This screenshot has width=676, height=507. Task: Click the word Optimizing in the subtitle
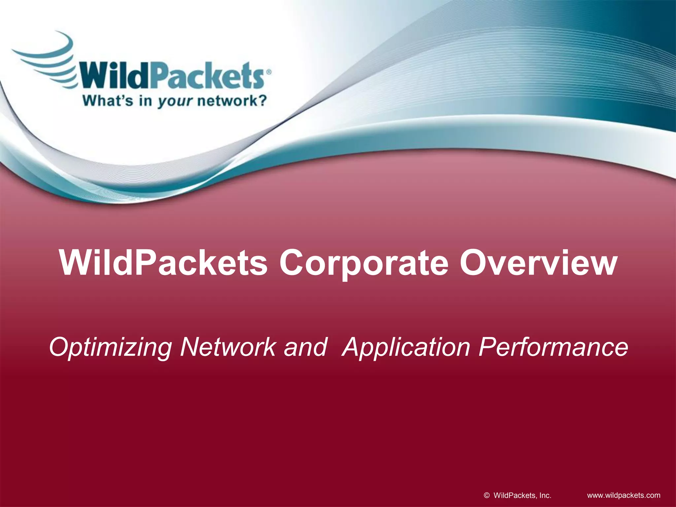point(110,347)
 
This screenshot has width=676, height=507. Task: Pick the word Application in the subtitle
point(406,347)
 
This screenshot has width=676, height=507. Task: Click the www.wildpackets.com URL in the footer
point(624,495)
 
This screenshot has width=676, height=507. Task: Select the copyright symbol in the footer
point(487,495)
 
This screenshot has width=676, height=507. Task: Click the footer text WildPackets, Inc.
point(522,495)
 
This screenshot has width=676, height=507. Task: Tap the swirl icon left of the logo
point(46,59)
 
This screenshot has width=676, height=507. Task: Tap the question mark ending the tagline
point(261,100)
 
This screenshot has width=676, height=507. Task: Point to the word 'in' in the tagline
point(145,100)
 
